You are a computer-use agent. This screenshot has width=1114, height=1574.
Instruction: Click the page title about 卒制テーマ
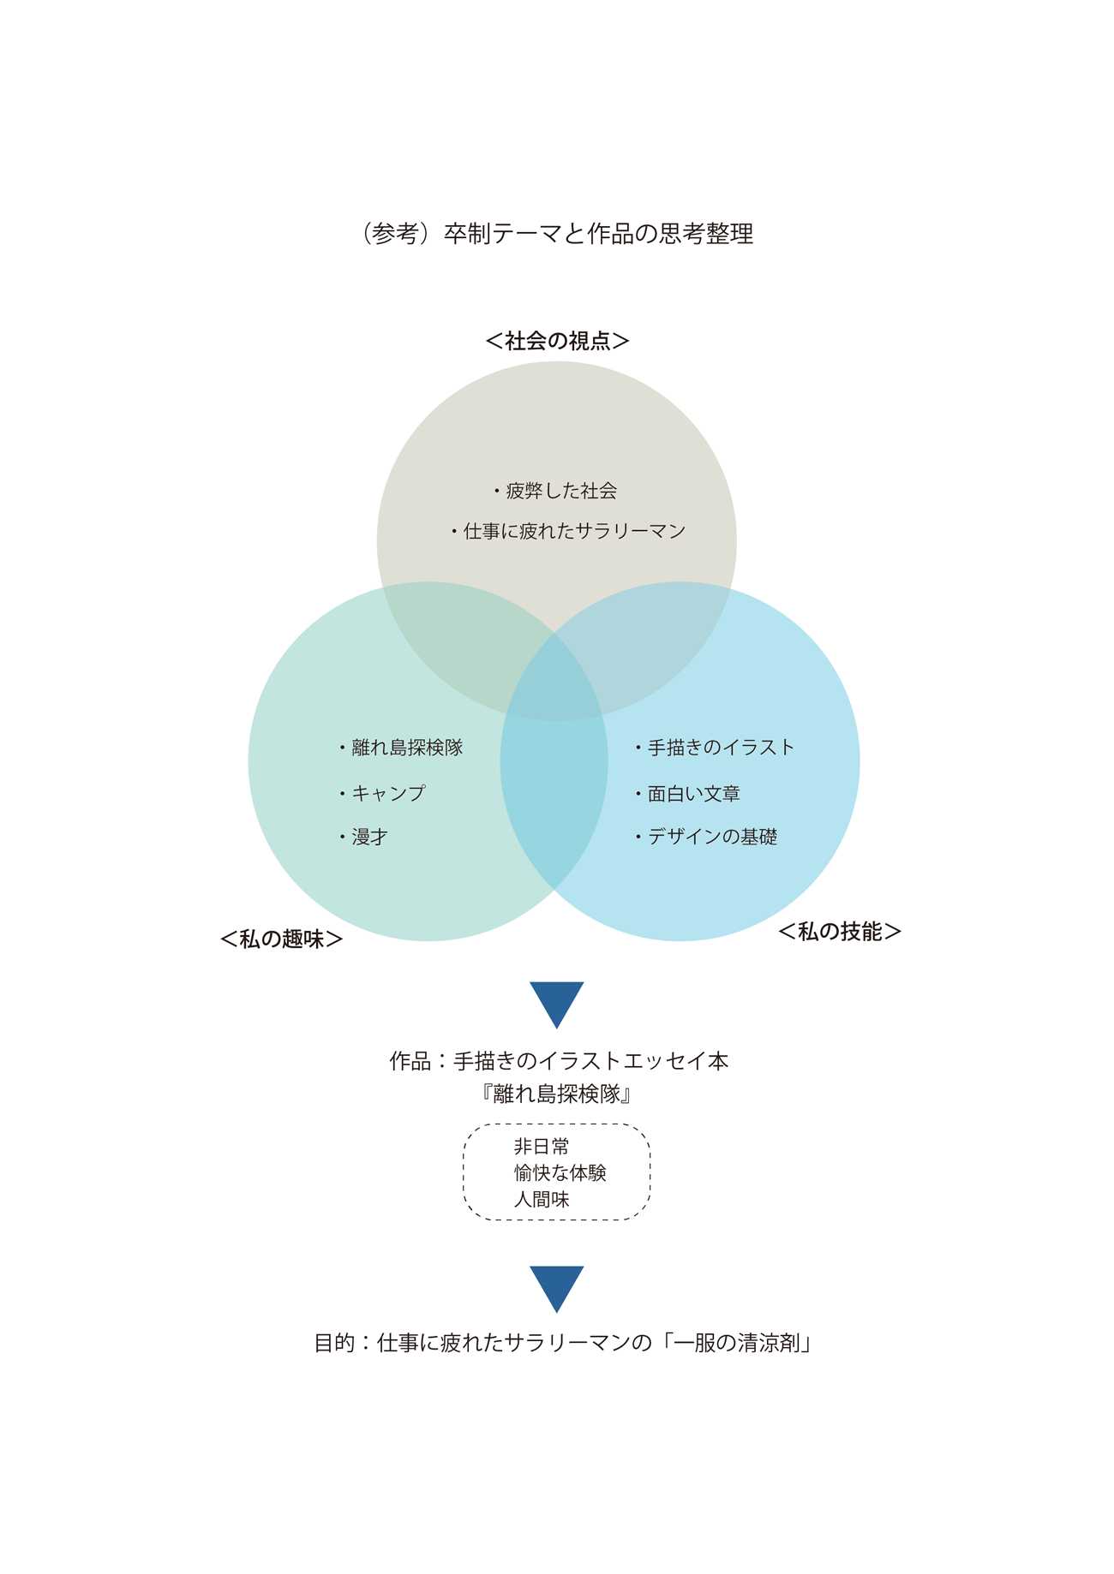pos(557,234)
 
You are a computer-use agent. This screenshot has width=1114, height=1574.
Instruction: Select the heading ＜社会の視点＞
pos(557,341)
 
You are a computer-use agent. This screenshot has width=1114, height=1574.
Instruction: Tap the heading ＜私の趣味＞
pos(282,939)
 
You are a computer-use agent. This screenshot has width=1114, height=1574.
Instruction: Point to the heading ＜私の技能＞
pos(840,932)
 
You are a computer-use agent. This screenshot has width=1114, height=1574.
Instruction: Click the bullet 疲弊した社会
pos(556,492)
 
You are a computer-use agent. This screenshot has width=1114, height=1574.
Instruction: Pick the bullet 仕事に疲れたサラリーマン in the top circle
pos(570,532)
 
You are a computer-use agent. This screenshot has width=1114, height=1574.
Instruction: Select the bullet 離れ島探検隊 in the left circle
pos(402,748)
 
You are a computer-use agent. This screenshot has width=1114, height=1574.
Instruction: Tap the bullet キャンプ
pos(383,793)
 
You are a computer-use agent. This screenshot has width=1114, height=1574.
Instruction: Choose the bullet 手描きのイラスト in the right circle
pos(716,748)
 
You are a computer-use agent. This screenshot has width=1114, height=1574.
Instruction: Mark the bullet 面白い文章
pos(688,794)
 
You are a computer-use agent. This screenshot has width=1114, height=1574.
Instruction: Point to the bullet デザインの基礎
pos(707,837)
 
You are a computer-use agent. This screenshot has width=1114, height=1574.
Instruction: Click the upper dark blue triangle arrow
pos(557,1003)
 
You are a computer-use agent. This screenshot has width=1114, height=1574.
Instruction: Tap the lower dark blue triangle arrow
pos(557,1287)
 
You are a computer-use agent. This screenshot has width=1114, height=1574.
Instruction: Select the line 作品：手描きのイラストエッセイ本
pos(559,1062)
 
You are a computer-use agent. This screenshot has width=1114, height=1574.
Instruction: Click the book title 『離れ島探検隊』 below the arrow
pos(557,1094)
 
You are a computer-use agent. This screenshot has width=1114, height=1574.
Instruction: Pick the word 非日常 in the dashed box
pos(542,1147)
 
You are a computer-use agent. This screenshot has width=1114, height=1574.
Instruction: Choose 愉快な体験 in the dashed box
pos(560,1173)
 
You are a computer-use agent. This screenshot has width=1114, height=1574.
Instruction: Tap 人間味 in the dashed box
pos(542,1200)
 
